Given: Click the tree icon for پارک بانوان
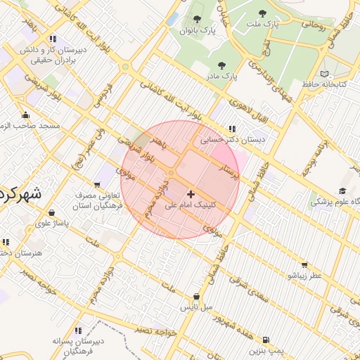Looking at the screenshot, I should (x=195, y=19).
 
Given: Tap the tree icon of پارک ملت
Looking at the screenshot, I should (x=262, y=13).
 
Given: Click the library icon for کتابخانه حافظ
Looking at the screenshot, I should (x=324, y=74).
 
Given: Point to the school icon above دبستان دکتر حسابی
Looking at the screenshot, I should (x=232, y=129).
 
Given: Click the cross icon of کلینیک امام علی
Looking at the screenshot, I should (x=191, y=193).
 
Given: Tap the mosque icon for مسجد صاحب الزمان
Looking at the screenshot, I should (x=26, y=115).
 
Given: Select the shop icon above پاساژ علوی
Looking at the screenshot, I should (x=51, y=211).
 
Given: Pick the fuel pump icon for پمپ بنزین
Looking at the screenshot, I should (x=265, y=339).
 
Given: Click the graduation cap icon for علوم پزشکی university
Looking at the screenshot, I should (x=342, y=191).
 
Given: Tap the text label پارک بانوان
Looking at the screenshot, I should (x=195, y=30).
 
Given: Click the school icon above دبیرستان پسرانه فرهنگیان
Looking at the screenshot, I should (x=77, y=330).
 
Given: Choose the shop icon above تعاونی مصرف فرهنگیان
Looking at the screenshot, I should (x=97, y=184).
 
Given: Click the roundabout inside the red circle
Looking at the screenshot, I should (x=171, y=172).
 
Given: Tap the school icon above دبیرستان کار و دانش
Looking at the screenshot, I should (x=53, y=39).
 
